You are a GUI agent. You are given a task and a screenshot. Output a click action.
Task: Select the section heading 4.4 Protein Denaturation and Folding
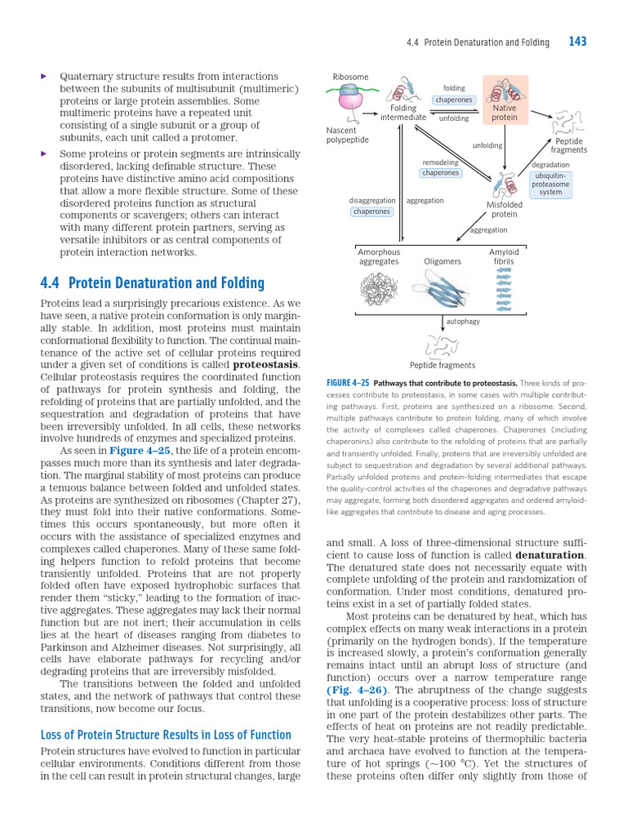(152, 283)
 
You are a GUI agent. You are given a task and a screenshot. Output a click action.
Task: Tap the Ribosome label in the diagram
(350, 78)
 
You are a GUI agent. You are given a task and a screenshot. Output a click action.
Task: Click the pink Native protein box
(505, 100)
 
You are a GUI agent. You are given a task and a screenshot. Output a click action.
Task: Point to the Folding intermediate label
(403, 113)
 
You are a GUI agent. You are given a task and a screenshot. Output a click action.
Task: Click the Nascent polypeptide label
(347, 135)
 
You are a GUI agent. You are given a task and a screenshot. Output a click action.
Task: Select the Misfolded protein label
(504, 209)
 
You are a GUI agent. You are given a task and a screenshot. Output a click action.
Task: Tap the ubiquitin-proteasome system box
(551, 184)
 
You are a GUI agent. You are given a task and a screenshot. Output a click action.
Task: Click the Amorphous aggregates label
(379, 257)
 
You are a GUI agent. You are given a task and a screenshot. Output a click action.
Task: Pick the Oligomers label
(442, 261)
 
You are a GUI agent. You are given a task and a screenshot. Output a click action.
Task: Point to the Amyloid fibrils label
(504, 257)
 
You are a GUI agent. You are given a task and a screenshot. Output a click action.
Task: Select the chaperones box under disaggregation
(371, 211)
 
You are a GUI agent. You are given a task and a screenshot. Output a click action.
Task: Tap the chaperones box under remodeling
(440, 173)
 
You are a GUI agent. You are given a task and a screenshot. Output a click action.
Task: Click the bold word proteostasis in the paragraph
(266, 364)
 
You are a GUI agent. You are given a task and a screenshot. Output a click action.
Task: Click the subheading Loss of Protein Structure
(166, 735)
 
